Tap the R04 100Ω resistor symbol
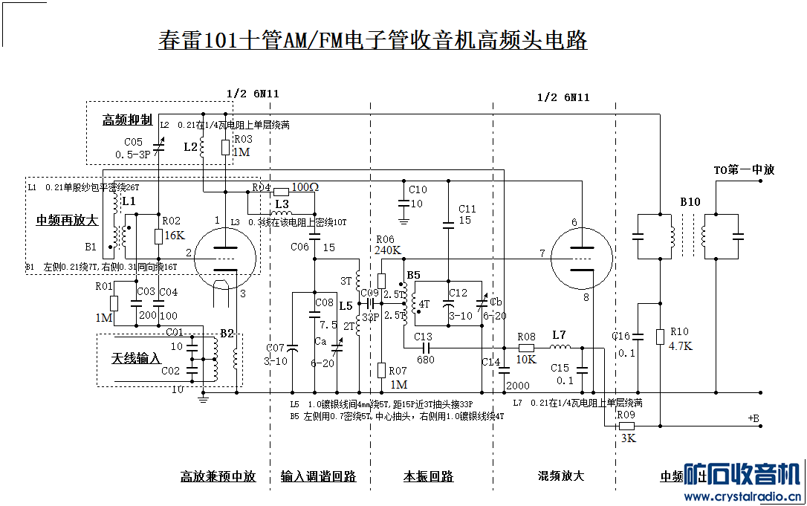279,190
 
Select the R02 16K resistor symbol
158,236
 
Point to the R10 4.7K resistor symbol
659,337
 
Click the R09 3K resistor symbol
626,426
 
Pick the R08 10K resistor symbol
526,347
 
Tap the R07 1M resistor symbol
381,369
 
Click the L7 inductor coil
559,347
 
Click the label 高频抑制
127,120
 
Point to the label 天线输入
136,358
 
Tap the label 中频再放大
67,220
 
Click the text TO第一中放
744,169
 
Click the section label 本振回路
428,476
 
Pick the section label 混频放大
561,476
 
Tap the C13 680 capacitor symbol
423,347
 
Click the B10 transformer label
689,202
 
